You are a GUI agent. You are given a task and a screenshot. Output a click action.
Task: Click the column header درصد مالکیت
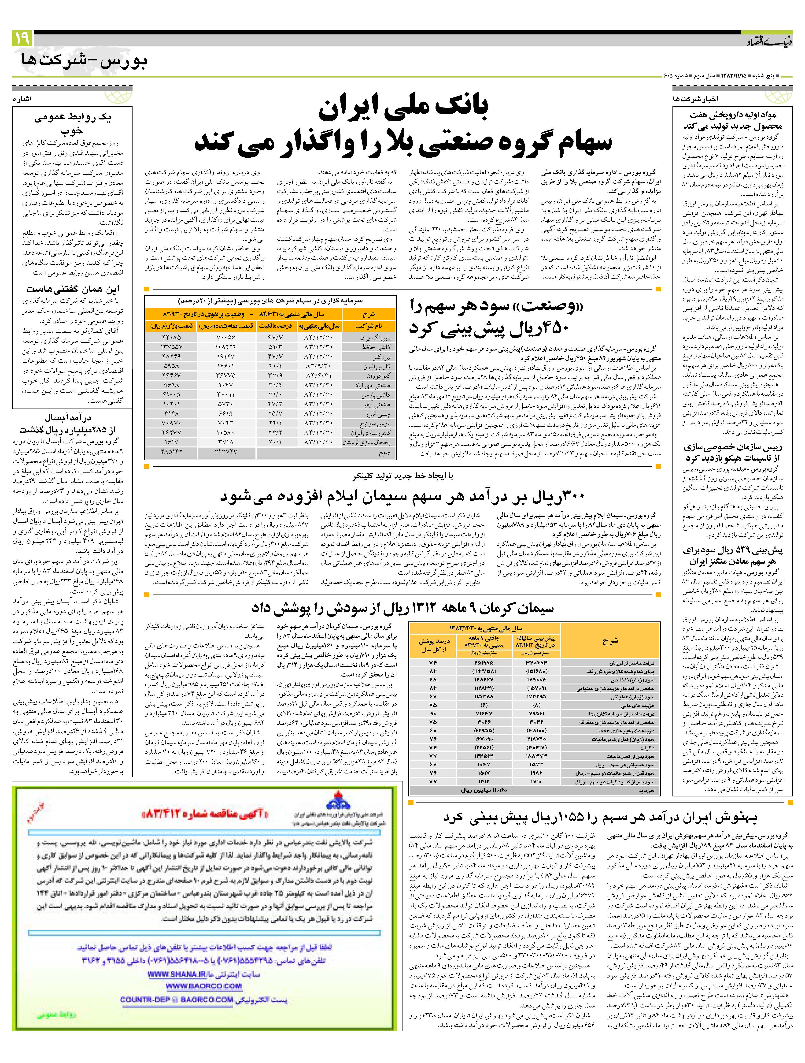coord(276,326)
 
